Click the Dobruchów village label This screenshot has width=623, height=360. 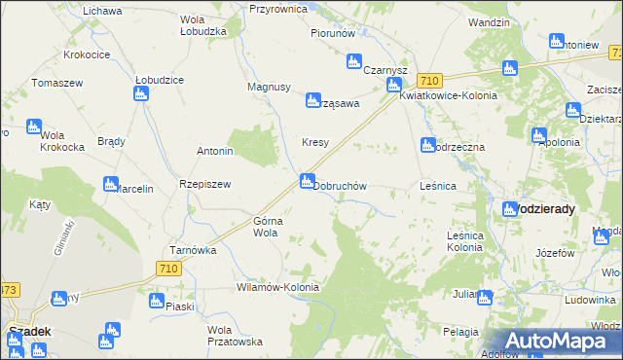[x=340, y=185]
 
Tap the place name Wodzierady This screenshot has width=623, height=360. [x=546, y=209]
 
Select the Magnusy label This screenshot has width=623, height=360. [x=270, y=87]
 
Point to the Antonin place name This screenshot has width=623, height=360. [x=215, y=152]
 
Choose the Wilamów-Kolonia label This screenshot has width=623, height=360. [x=277, y=288]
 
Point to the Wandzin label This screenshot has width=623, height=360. [x=489, y=21]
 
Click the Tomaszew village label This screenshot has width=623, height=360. [x=56, y=83]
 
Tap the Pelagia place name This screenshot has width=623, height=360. [x=460, y=333]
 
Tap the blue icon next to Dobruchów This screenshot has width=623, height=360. [x=308, y=180]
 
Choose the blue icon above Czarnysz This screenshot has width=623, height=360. [x=354, y=63]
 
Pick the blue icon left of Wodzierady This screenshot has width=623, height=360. [x=510, y=209]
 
